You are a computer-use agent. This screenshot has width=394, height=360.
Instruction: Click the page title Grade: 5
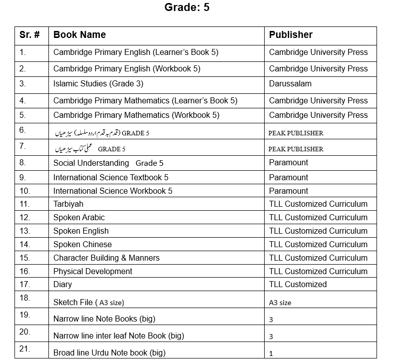[x=187, y=8]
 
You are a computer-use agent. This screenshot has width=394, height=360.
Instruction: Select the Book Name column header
[x=79, y=35]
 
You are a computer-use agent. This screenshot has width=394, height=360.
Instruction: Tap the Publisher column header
[x=291, y=35]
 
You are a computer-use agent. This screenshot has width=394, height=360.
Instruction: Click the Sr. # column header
[x=29, y=35]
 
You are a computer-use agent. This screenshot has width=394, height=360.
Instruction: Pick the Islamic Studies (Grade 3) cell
[x=94, y=84]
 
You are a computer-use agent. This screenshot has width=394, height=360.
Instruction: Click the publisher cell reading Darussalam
[x=290, y=84]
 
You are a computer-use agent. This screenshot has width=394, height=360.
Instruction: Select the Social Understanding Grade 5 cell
[x=108, y=163]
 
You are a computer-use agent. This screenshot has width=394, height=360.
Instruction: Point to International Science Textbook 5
[x=111, y=177]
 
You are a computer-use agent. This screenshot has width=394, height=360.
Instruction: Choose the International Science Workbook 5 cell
[x=113, y=191]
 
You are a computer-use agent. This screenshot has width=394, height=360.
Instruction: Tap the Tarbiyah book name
[x=68, y=204]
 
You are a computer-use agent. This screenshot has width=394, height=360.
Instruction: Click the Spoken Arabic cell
[x=79, y=218]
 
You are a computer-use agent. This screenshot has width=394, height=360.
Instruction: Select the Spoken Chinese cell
[x=82, y=245]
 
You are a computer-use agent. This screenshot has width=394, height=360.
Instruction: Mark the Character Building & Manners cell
[x=106, y=258]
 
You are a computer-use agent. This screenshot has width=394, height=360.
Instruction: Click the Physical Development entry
[x=93, y=272]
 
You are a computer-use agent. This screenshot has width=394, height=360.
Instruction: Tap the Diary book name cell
[x=62, y=285]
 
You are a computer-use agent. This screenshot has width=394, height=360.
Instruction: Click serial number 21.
[x=25, y=349]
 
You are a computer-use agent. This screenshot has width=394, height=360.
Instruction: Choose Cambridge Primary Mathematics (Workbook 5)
[x=136, y=115]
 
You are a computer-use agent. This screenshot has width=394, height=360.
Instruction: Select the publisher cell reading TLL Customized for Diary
[x=298, y=285]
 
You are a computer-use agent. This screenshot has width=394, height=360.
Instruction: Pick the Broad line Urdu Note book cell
[x=109, y=353]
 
